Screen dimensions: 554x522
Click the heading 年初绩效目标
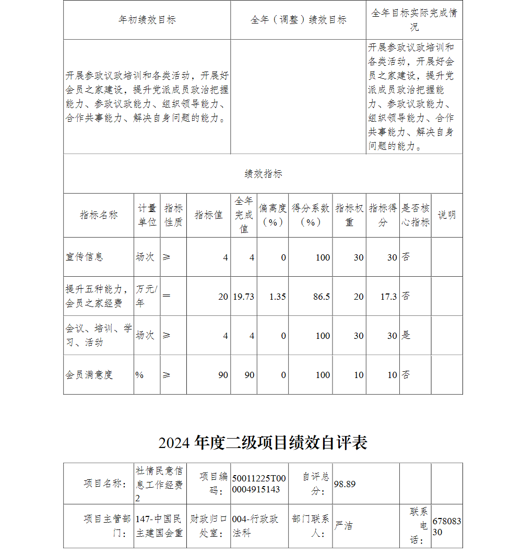point(147,20)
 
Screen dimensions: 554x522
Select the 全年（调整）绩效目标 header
point(298,20)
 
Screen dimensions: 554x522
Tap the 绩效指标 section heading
point(263,174)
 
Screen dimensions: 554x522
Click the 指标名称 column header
point(99,215)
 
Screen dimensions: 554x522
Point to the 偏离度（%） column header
point(272,215)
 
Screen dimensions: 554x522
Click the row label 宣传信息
point(85,257)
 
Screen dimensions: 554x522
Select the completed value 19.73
point(243,297)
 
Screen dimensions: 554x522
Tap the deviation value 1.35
point(277,297)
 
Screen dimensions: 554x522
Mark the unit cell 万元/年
point(146,296)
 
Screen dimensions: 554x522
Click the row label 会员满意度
point(89,375)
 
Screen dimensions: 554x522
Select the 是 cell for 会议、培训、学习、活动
point(406,336)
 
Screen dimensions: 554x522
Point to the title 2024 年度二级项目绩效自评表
point(263,443)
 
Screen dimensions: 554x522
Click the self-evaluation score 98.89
point(345,484)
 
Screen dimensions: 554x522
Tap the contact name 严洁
point(343,525)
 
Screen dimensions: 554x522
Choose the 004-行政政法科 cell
point(255,526)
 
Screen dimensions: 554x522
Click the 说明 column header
point(446,215)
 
